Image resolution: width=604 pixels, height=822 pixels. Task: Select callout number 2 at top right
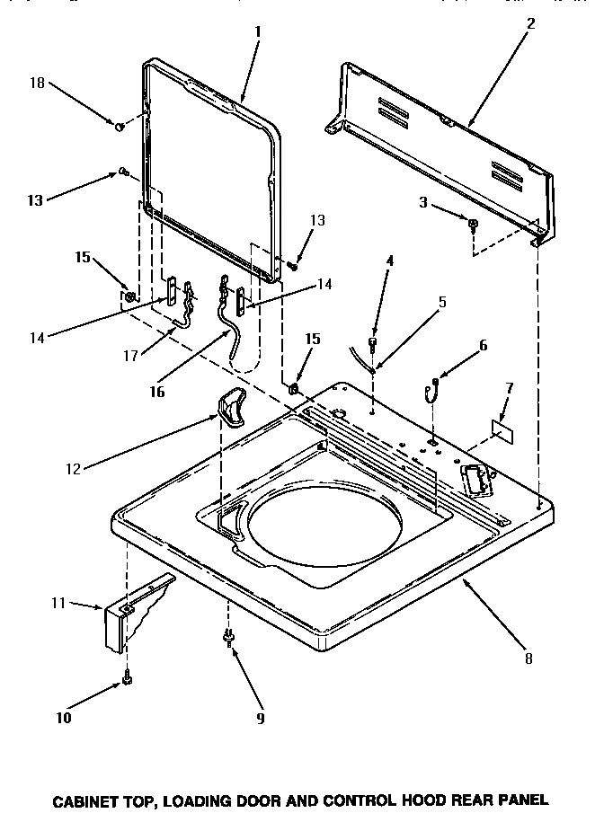531,24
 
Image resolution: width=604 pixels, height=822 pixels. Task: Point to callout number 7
510,388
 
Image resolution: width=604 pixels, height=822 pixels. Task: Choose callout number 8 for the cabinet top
529,658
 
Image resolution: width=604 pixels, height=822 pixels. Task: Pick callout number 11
59,603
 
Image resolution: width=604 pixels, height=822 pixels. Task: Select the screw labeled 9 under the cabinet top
228,638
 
